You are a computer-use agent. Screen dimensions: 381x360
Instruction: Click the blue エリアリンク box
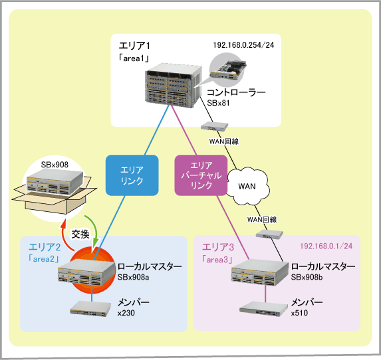132,175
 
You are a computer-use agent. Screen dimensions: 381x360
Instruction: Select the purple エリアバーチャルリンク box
201,175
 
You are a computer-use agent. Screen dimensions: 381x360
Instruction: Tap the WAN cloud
248,186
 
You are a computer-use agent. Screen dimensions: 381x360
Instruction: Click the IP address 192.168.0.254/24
243,45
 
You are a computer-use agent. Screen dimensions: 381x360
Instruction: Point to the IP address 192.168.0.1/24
326,246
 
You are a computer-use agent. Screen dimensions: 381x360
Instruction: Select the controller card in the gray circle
228,70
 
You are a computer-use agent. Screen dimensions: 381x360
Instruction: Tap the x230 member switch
90,308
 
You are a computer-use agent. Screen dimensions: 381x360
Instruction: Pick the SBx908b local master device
260,272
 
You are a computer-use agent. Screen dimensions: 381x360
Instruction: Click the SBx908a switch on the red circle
86,272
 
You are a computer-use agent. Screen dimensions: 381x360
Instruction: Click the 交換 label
80,234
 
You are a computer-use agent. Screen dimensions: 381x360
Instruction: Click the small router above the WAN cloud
214,126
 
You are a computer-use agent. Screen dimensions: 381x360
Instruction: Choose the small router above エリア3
269,234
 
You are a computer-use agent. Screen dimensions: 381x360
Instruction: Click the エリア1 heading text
134,46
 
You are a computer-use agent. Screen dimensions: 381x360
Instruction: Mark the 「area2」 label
44,259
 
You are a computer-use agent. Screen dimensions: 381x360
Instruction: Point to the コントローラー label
236,92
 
